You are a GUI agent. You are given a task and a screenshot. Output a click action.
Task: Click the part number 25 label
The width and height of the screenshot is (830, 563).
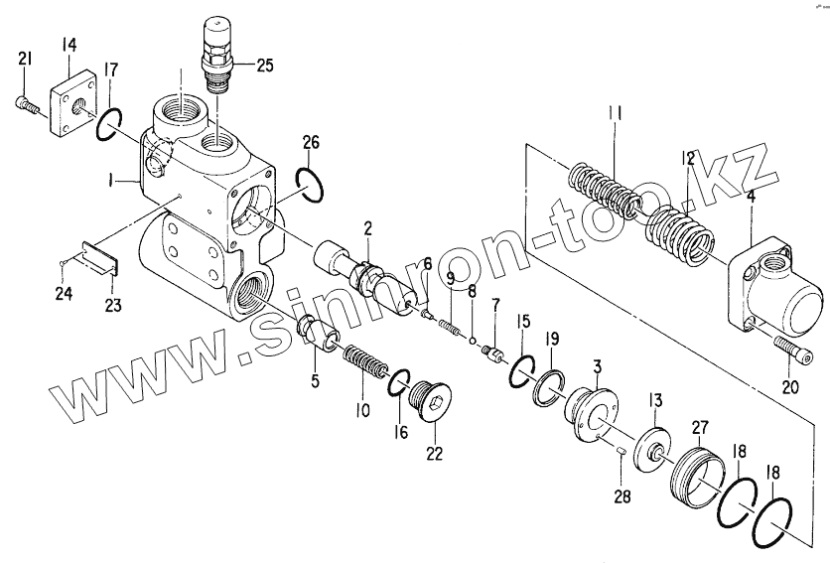pos(264,67)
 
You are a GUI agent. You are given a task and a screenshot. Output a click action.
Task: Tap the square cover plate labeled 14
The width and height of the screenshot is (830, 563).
pos(71,102)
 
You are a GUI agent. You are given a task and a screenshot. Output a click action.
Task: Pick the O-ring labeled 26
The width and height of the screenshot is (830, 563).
pos(309,185)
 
